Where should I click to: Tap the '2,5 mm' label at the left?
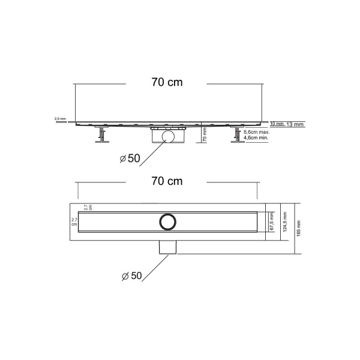(x=60, y=119)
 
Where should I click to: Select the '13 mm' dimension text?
(x=295, y=124)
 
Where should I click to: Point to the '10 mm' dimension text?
(x=277, y=124)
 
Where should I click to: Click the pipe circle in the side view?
(x=169, y=137)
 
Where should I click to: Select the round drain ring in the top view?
(x=167, y=221)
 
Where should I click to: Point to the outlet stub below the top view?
(x=167, y=247)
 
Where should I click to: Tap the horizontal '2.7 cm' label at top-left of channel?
(x=88, y=208)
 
